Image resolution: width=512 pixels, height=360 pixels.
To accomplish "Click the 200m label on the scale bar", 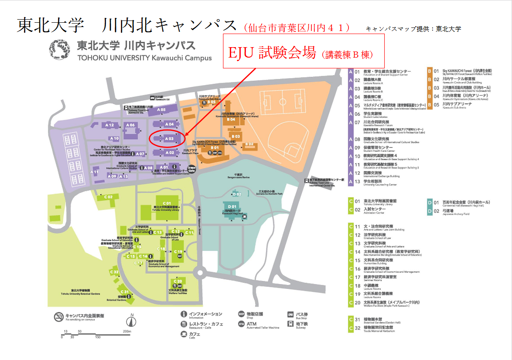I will pos(127,332).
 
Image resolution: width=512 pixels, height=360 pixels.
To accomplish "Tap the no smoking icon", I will pos(58,316).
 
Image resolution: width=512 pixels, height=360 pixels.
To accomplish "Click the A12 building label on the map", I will pos(109,125).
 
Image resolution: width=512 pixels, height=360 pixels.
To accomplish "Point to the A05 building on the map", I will pos(161,110).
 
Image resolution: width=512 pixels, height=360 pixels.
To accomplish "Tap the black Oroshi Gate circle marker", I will pos(191,168).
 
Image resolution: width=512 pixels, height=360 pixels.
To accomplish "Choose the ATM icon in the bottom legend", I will pos(241,324).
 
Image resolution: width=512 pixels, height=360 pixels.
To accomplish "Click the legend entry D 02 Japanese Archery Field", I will pos(458,212).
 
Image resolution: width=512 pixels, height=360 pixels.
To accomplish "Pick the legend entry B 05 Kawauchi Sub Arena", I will pos(458,105).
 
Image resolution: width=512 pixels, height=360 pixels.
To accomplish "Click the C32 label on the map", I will pos(114,272).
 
